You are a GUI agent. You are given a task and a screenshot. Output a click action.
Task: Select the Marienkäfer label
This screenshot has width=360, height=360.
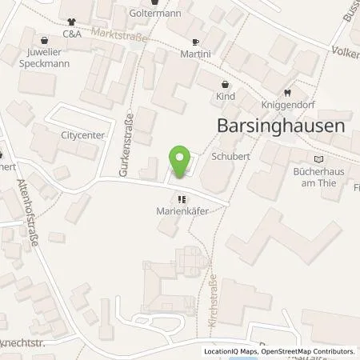tap(182, 211)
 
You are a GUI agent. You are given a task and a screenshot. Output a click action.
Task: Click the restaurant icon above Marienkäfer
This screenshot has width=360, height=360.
tap(182, 200)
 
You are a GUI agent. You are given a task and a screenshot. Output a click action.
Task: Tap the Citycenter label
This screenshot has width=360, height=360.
tap(82, 135)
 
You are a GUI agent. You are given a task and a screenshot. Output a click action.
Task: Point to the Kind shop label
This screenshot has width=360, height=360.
tap(226, 95)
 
